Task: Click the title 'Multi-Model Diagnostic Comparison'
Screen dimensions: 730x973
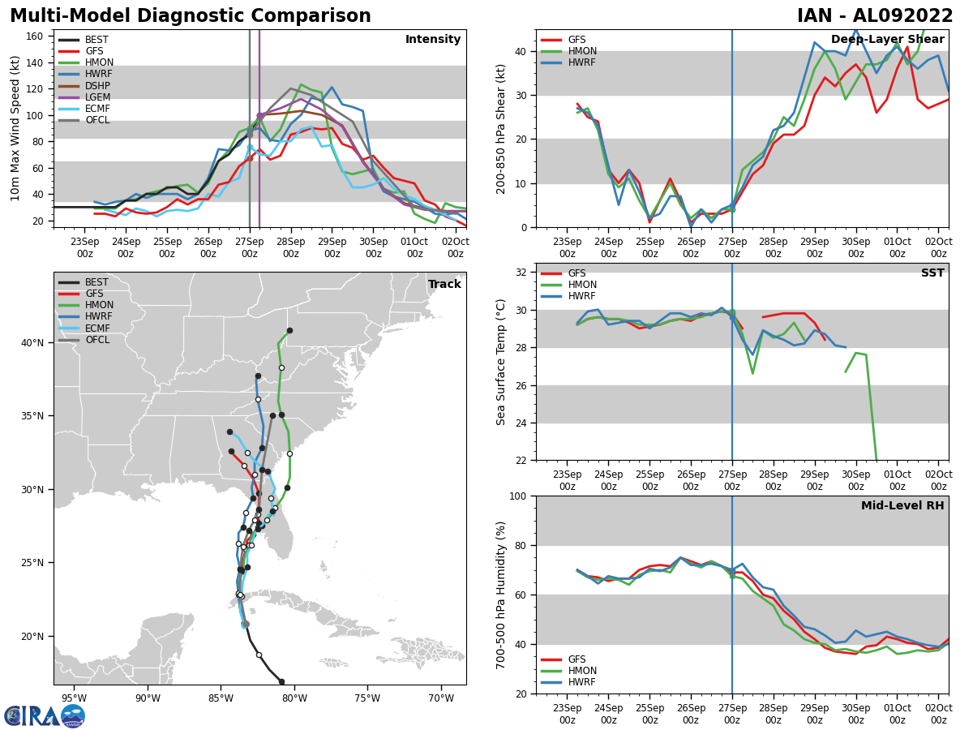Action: pyautogui.click(x=190, y=16)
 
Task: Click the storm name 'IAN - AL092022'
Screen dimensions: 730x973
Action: pyautogui.click(x=875, y=16)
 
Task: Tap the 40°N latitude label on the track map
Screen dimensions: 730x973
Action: pyautogui.click(x=32, y=343)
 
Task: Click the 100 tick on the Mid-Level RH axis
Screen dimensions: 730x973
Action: pyautogui.click(x=517, y=496)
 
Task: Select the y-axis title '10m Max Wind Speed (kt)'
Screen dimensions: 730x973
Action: pyautogui.click(x=15, y=128)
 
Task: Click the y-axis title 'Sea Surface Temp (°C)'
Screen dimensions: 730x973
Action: pyautogui.click(x=501, y=362)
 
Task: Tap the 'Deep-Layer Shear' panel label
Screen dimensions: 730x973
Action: pyautogui.click(x=887, y=40)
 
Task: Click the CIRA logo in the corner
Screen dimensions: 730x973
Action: pyautogui.click(x=45, y=716)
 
